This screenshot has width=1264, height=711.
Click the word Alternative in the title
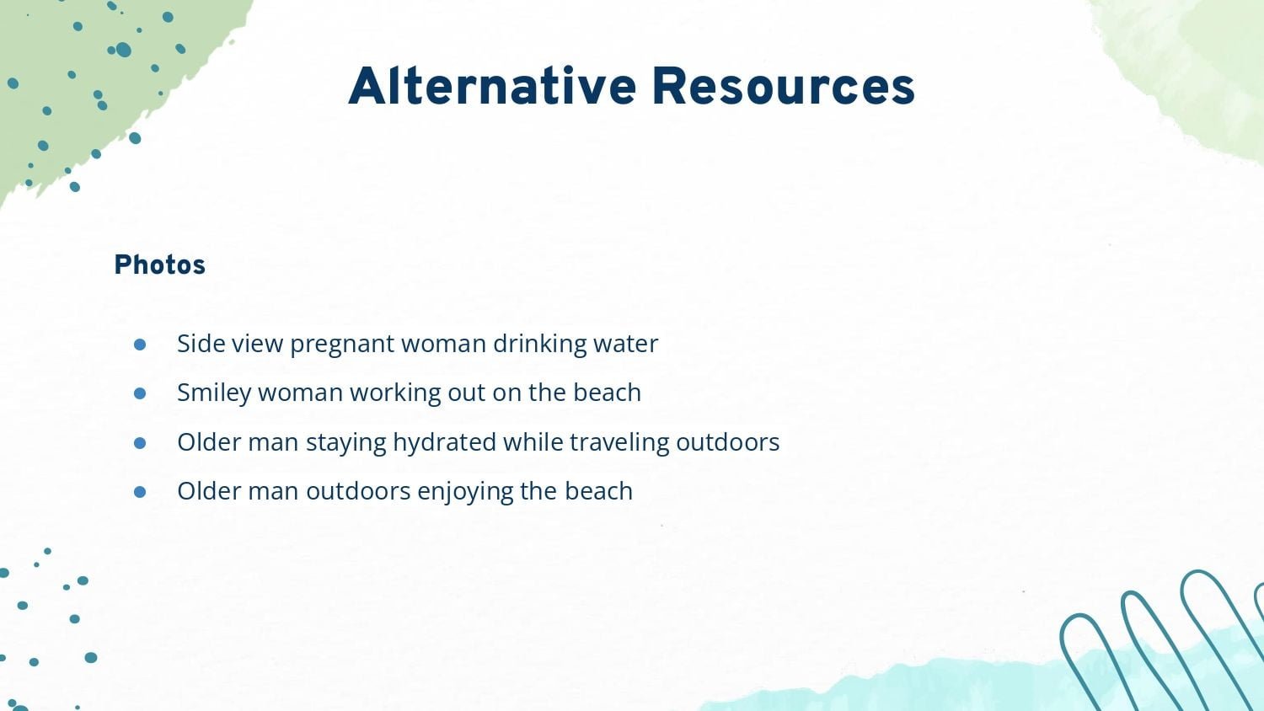492,86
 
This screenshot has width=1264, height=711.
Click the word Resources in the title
783,86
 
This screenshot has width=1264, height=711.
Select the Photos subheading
160,265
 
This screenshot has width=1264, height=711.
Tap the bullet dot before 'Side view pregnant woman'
140,345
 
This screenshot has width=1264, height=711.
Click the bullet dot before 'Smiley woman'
140,393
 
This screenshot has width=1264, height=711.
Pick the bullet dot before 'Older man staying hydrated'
140,443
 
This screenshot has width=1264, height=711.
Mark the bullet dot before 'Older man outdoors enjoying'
140,492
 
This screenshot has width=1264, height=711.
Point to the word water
625,344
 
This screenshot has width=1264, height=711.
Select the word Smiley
214,393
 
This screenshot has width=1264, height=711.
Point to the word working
395,393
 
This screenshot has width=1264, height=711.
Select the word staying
345,443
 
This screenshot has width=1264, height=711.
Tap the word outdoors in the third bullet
728,441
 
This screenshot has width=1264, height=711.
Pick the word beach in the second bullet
608,393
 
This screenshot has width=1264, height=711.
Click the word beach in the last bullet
598,490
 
